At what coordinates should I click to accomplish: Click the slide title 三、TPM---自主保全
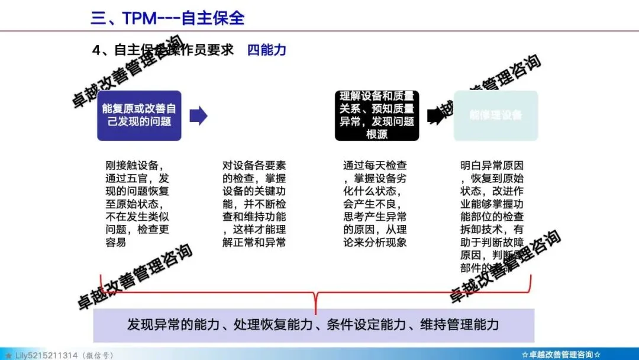(x=167, y=18)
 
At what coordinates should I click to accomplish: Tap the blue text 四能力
(x=267, y=50)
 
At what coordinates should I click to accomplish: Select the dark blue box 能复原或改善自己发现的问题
(x=139, y=115)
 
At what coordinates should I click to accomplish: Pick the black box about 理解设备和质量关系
(x=377, y=115)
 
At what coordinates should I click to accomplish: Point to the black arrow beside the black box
(x=435, y=115)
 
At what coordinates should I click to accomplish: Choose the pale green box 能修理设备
(x=496, y=115)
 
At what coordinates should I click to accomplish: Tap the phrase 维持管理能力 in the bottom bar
(x=459, y=325)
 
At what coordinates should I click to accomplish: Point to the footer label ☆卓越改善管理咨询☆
(x=561, y=355)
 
